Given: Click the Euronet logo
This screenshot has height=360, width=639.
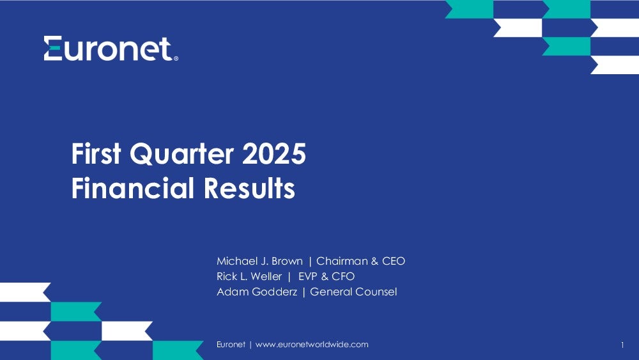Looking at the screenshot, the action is click(x=111, y=49).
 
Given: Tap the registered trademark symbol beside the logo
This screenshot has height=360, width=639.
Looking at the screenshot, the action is click(x=176, y=59).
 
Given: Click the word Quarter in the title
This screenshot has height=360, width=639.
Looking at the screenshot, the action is click(x=181, y=153).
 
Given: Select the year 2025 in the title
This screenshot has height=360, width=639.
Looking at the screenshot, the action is click(x=274, y=153).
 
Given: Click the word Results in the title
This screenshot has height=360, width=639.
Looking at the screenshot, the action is click(x=249, y=188).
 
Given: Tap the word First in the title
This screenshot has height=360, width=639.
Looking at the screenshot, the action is click(x=96, y=153).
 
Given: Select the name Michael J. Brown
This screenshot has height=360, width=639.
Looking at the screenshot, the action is click(x=259, y=261).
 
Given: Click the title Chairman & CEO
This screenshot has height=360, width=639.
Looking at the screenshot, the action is click(x=360, y=261).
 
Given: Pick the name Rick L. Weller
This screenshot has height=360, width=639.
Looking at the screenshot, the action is click(x=249, y=276).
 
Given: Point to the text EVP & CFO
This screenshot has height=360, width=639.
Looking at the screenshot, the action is click(x=327, y=276).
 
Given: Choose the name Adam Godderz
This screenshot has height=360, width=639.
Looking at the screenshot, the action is click(x=257, y=292).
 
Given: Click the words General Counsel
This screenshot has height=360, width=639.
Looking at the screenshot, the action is click(x=353, y=292).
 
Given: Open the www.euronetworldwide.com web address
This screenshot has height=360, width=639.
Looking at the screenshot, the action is click(x=312, y=345).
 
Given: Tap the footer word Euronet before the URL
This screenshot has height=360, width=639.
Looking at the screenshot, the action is click(x=231, y=345).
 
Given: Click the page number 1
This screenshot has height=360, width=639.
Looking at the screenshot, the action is click(x=622, y=345).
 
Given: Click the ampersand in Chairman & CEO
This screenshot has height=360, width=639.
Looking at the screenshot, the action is click(x=375, y=261).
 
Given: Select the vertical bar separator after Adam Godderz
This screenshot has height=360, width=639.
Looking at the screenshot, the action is click(x=304, y=292).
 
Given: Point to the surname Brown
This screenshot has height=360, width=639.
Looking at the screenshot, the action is click(x=288, y=261).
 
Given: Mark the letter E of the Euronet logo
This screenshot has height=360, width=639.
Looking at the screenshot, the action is click(x=53, y=48).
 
